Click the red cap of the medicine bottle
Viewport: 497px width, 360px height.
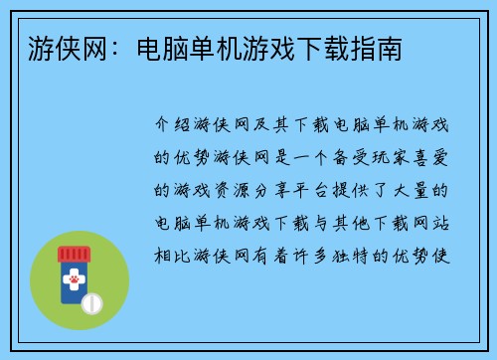pyautogui.click(x=74, y=256)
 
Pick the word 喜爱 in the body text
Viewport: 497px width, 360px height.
pyautogui.click(x=433, y=157)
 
